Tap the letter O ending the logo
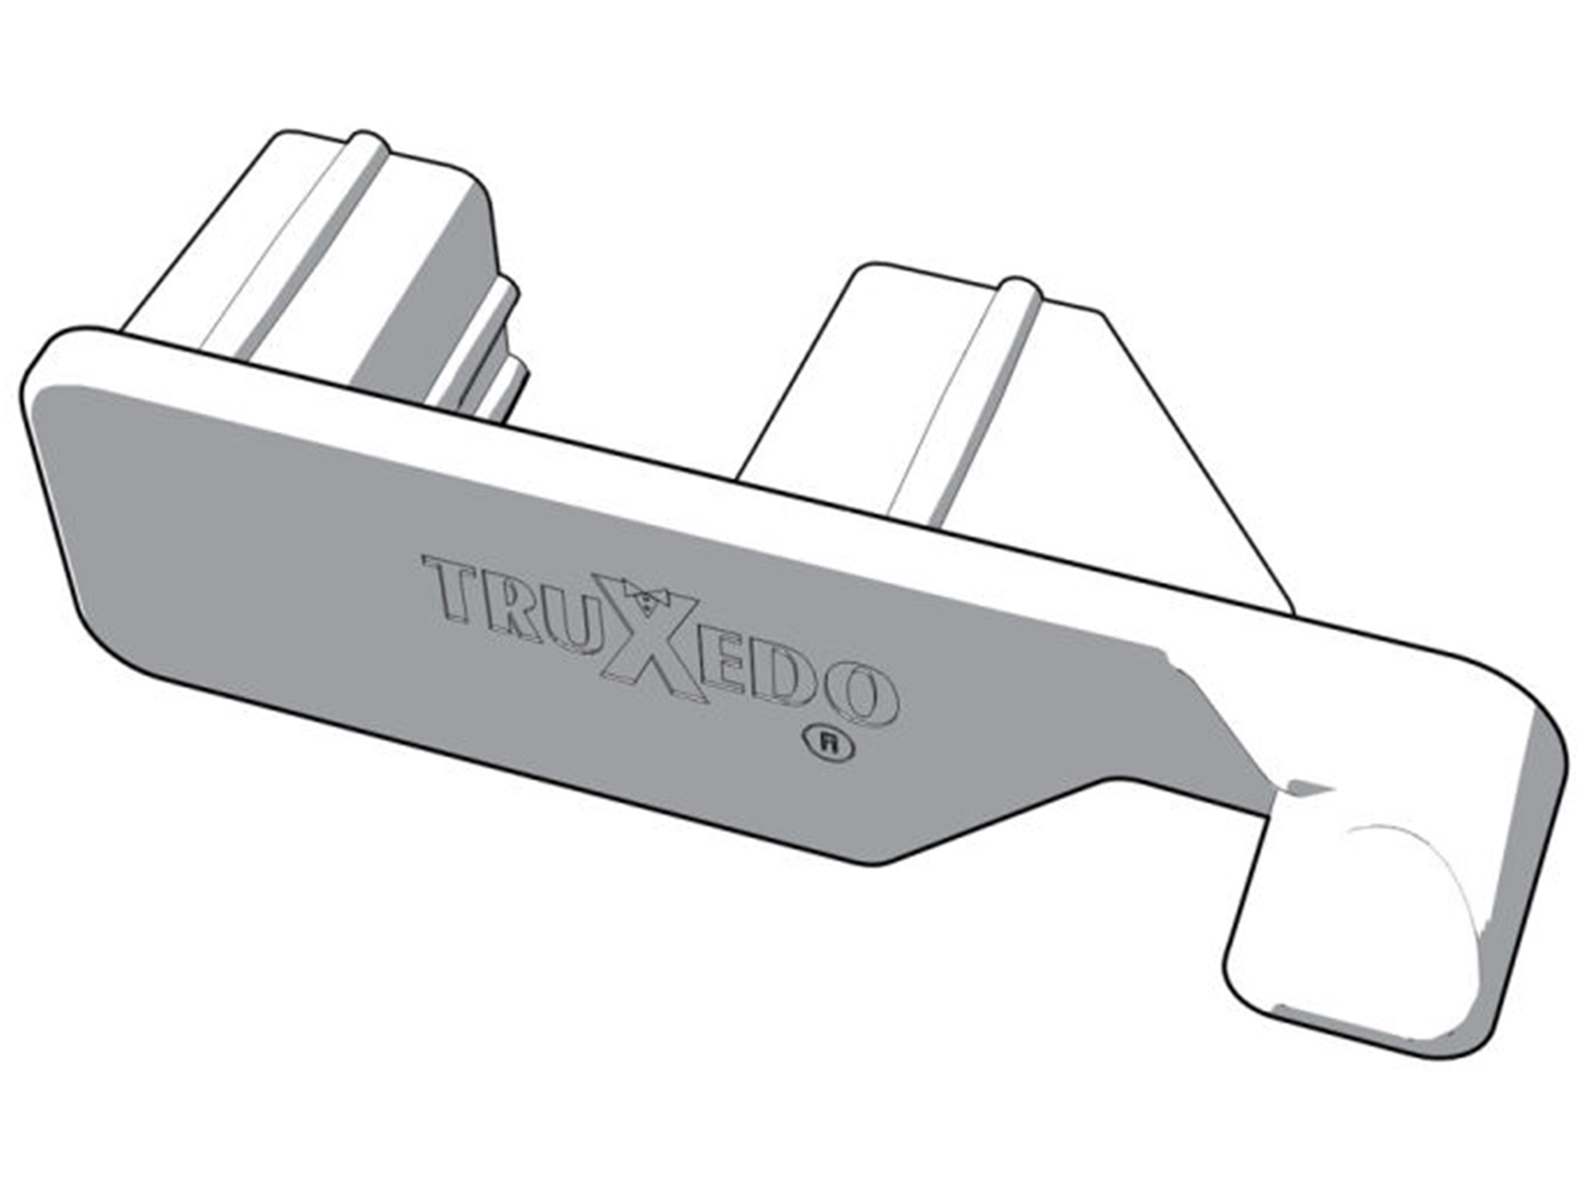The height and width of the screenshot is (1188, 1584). pyautogui.click(x=861, y=695)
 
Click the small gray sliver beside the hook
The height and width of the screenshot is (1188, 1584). pyautogui.click(x=1309, y=789)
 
